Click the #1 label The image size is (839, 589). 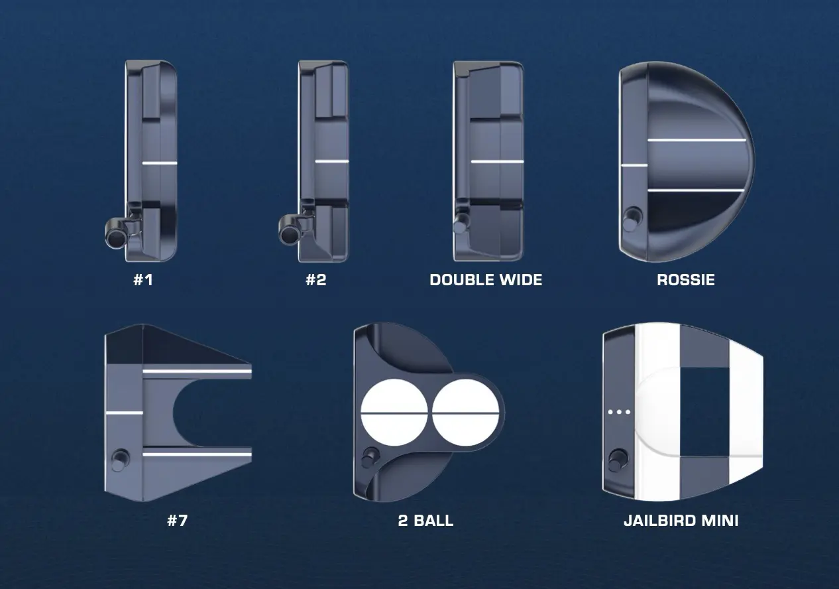pos(143,280)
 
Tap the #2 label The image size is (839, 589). pos(316,280)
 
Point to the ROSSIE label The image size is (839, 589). pos(686,280)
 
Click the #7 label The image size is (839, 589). pos(178,521)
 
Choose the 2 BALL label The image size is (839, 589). pos(425,521)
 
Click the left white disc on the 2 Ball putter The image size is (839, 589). pos(394,413)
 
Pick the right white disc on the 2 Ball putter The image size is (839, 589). pos(466,413)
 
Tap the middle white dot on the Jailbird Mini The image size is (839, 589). pos(619,412)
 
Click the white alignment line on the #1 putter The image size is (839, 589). pos(160,163)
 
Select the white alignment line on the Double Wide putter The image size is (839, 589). pos(498,162)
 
